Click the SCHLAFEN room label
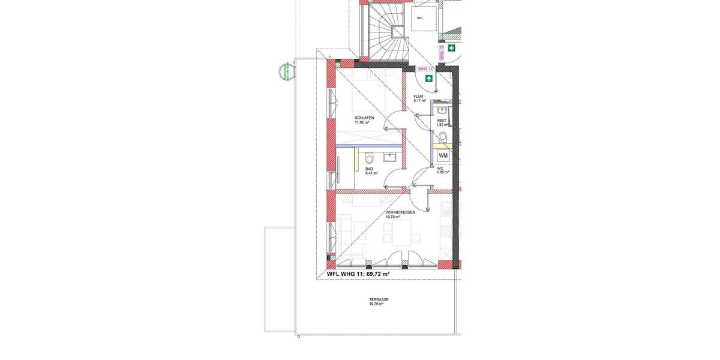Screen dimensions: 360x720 pos(364,118)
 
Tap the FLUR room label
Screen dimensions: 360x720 pos(418,96)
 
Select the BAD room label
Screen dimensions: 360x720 pos(369,169)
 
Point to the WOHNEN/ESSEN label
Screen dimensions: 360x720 pos(400,212)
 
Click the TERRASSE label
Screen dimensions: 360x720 pos(379,299)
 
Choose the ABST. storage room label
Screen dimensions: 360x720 pos(442,121)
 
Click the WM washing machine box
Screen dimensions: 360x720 pos(443,155)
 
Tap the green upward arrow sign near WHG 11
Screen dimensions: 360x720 pos(429,78)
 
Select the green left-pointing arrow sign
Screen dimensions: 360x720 pos(451,48)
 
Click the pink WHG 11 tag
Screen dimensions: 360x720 pos(425,69)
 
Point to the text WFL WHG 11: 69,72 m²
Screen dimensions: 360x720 pos(358,274)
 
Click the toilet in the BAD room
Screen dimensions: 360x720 pos(369,158)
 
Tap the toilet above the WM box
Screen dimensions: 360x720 pos(443,137)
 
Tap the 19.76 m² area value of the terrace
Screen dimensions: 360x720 pos(376,304)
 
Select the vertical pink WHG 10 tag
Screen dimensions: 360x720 pos(442,53)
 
